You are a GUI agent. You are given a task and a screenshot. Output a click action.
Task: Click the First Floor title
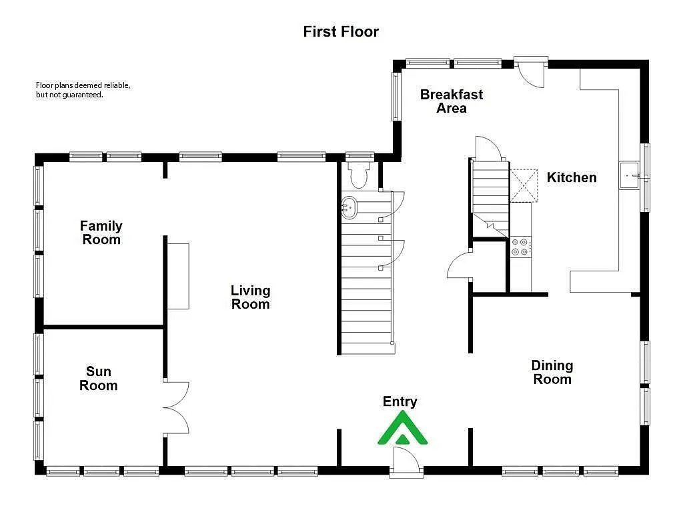[341, 31]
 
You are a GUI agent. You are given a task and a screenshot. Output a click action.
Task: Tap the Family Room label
[101, 233]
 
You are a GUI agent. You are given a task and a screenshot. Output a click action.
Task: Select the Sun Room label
[98, 379]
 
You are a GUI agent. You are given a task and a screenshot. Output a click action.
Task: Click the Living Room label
[250, 297]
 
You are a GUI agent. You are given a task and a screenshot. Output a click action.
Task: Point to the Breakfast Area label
[452, 101]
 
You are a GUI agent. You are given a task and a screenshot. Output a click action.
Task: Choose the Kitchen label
[572, 177]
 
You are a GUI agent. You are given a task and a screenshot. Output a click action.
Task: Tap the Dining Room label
[552, 372]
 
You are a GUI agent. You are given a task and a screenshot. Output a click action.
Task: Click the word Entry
[400, 401]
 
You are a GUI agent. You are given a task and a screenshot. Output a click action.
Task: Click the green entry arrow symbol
[403, 429]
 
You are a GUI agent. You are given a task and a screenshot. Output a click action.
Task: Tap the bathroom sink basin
[349, 208]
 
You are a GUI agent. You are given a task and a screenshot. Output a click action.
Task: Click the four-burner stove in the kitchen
[520, 247]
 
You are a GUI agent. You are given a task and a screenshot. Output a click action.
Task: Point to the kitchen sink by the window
[629, 176]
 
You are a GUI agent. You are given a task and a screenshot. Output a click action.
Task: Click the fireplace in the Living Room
[178, 276]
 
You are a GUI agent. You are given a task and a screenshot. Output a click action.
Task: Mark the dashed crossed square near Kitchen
[524, 185]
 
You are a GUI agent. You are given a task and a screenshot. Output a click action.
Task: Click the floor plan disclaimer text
[83, 90]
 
